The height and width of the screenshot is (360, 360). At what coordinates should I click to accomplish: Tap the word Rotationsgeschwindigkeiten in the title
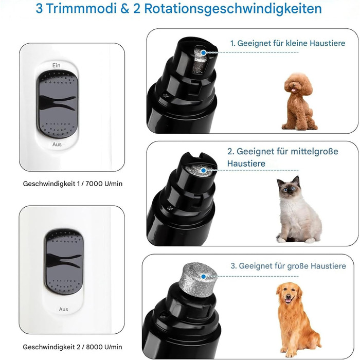tap(233, 9)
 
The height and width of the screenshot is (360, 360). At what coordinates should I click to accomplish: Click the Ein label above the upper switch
tap(56, 65)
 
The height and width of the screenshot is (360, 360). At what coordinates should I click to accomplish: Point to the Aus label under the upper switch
tap(57, 145)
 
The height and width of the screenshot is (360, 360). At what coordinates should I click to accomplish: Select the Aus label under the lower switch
tap(63, 309)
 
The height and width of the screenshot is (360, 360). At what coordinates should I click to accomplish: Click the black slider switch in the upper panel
tap(58, 104)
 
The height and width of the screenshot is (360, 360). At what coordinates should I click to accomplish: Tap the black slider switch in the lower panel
tap(63, 262)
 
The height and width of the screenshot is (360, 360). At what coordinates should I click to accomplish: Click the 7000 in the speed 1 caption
tap(94, 184)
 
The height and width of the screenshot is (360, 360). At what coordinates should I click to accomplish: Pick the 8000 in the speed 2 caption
tap(94, 347)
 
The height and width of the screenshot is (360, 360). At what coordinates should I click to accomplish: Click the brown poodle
tap(298, 101)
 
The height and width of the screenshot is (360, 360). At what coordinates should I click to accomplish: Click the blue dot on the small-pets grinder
tap(204, 52)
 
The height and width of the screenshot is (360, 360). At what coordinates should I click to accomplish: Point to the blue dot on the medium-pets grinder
tap(204, 170)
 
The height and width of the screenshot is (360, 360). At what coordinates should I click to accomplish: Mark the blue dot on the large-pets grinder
tap(204, 277)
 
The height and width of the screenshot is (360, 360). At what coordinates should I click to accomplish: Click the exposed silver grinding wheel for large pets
tap(197, 280)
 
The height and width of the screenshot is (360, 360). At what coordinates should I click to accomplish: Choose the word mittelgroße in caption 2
tap(314, 152)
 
